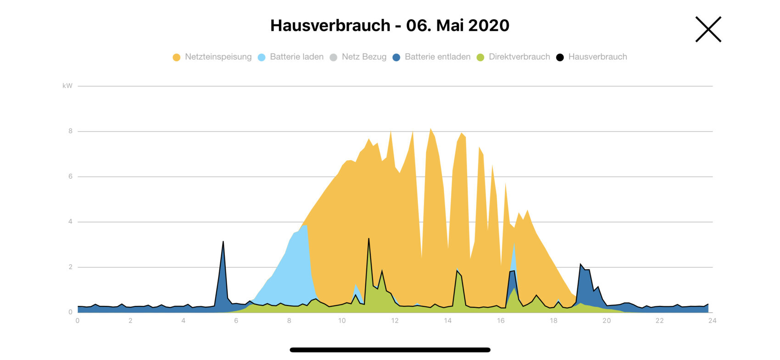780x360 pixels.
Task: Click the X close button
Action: point(708,29)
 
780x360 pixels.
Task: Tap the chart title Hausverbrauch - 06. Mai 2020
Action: point(390,25)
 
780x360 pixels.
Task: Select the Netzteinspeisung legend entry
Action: point(212,57)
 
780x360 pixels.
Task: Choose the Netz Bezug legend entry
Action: point(358,57)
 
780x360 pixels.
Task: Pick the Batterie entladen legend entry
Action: point(432,57)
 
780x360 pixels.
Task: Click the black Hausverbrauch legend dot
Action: point(560,57)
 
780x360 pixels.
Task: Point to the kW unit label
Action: point(67,86)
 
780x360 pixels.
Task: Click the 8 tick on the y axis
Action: point(70,131)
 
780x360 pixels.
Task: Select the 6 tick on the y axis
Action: point(70,177)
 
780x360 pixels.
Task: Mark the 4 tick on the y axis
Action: point(70,222)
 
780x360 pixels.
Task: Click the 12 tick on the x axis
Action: point(395,321)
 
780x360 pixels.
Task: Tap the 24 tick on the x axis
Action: point(712,321)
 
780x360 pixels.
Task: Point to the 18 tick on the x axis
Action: point(553,321)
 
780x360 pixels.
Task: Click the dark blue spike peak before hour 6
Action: point(223,242)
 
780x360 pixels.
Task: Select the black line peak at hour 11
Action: point(368,239)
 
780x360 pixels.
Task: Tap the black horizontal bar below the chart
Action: point(390,350)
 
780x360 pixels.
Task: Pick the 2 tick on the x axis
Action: point(130,321)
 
